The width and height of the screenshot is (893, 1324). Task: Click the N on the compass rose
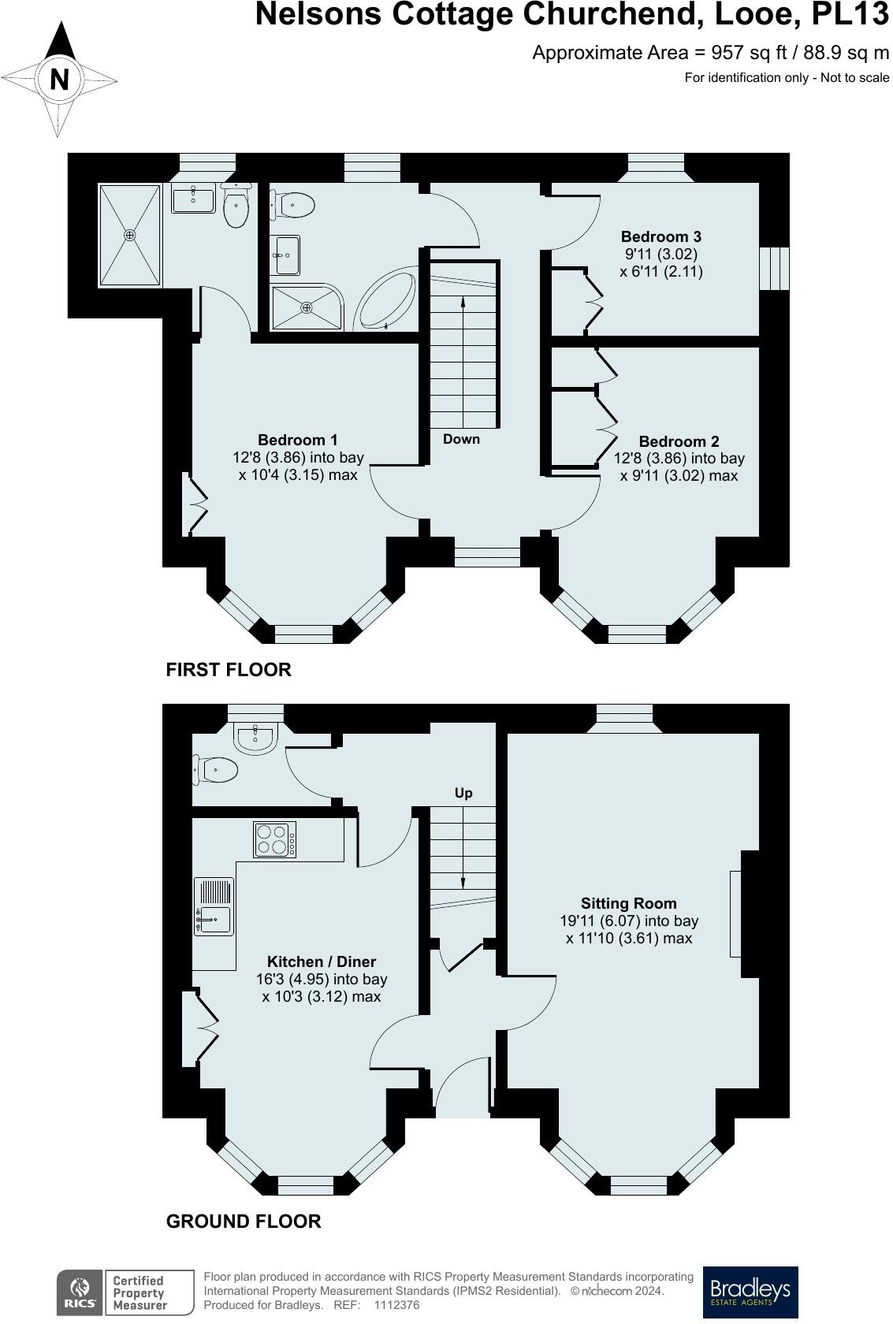click(x=59, y=80)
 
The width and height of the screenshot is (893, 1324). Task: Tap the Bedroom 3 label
click(x=660, y=236)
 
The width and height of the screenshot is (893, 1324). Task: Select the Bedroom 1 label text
click(x=298, y=440)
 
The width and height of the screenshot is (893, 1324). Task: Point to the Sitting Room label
click(x=628, y=903)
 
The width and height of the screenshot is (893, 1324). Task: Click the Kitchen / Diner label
click(x=322, y=961)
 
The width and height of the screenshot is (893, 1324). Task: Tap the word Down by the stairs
click(x=461, y=439)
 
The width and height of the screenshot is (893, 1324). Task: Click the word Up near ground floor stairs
click(x=463, y=793)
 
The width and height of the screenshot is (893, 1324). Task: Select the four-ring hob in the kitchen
click(x=275, y=839)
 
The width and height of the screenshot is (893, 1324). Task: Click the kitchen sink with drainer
click(x=214, y=907)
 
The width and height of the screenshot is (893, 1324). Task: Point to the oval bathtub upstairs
click(x=386, y=302)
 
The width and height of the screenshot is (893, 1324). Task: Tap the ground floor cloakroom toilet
click(x=216, y=769)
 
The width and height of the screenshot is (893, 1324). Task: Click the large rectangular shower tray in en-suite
click(x=130, y=235)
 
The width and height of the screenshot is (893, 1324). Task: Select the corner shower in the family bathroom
click(x=307, y=307)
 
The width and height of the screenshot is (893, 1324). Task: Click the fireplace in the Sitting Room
click(x=735, y=913)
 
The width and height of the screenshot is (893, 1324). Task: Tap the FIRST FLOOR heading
click(x=229, y=669)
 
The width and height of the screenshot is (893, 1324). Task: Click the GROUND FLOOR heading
click(x=244, y=1221)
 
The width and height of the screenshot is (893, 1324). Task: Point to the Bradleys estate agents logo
click(x=750, y=1292)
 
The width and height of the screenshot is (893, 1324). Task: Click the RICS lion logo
click(x=79, y=1292)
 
